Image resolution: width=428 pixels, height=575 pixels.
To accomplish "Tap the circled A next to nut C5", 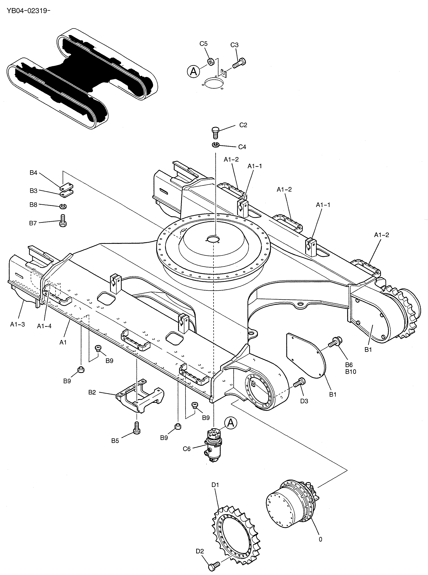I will click(194, 71).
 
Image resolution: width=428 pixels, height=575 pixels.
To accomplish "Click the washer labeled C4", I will click(216, 145).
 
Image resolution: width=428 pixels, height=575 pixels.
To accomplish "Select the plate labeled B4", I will click(67, 186).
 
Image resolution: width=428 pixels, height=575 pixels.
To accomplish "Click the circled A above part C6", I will click(231, 423).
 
